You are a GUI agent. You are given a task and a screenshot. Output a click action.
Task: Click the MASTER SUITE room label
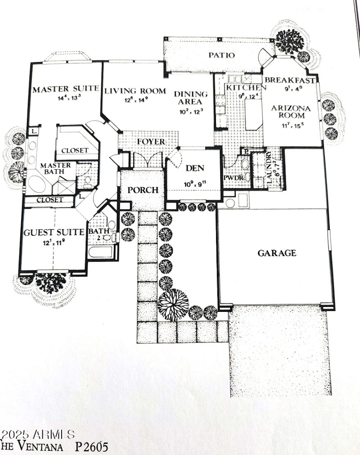[66, 89]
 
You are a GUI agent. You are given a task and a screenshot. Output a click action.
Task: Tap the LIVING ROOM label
[135, 91]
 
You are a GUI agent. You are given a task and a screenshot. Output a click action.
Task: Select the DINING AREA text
[191, 98]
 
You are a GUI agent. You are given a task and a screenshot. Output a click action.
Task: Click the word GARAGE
[277, 253]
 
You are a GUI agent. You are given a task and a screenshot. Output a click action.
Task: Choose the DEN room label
[195, 168]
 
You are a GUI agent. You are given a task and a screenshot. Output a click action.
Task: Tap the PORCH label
[143, 190]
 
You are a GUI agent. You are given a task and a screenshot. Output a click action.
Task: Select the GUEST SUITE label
[54, 232]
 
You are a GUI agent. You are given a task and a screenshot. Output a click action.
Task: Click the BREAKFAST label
[290, 80]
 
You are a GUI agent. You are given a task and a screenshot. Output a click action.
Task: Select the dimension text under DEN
[194, 184]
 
